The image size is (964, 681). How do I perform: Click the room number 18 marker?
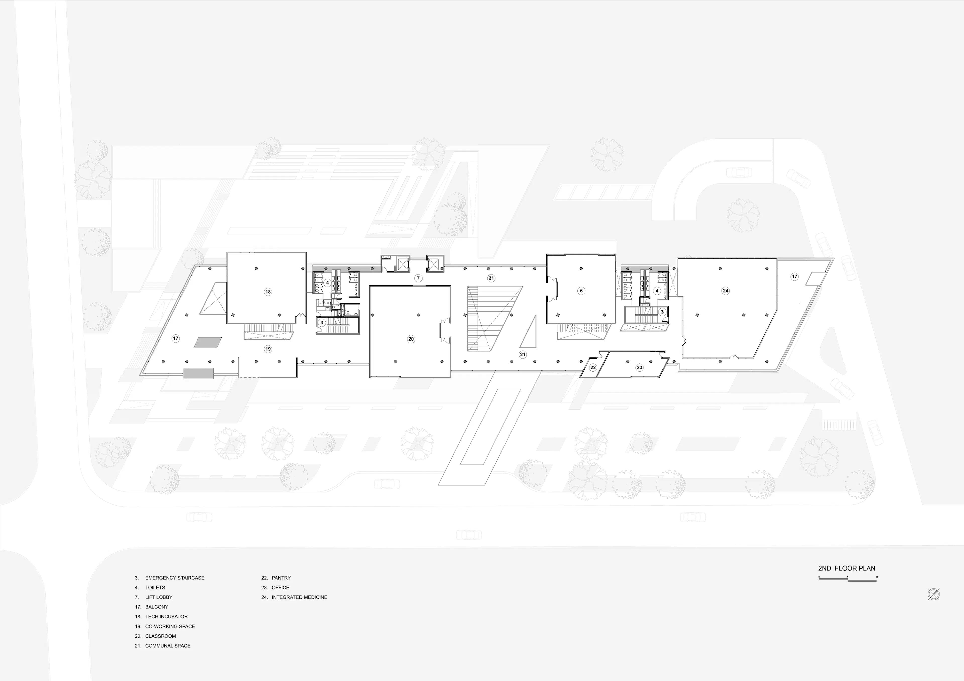point(268,292)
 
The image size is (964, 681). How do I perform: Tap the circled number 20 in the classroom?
point(411,339)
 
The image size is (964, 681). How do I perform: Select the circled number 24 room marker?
point(726,291)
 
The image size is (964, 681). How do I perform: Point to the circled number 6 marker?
point(581,291)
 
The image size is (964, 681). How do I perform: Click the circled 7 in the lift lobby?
point(418,278)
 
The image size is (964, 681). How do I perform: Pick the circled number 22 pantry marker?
point(593,367)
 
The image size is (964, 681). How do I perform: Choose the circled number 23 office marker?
point(639,367)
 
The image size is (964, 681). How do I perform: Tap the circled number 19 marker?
point(268,349)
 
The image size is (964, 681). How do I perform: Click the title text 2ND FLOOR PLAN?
point(847,568)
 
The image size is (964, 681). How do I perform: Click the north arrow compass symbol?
point(933,594)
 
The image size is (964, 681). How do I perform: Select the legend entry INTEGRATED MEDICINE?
point(299,597)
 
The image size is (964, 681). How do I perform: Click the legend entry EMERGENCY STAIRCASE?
point(175,578)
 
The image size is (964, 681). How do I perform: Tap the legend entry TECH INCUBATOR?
point(166,616)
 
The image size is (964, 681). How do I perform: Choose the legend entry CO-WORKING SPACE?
point(170,626)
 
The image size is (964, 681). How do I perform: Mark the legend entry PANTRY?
point(281,578)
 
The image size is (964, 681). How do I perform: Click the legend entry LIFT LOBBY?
point(159,597)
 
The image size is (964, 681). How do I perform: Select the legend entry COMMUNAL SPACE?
point(168,646)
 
